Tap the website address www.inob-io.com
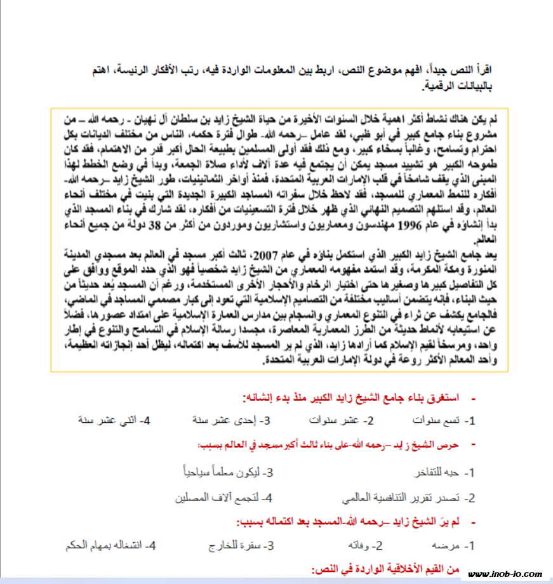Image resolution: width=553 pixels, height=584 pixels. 505,574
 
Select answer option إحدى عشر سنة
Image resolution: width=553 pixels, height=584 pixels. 225,421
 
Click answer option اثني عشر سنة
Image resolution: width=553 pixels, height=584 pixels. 109,421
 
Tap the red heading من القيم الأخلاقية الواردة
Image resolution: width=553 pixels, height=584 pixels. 385,569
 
